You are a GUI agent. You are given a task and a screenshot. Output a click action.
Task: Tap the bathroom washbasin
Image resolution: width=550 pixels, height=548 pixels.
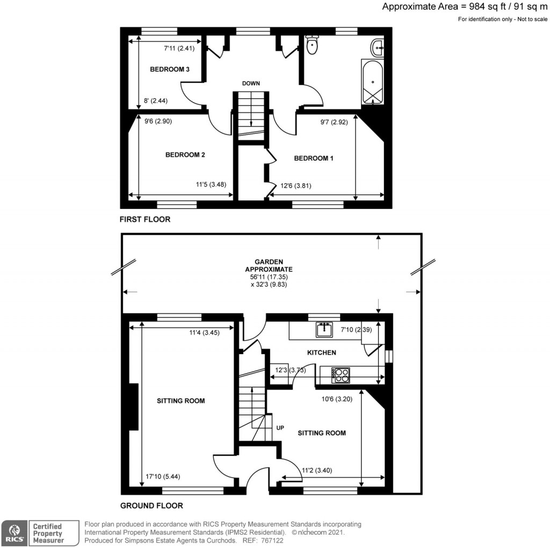tap(378, 48)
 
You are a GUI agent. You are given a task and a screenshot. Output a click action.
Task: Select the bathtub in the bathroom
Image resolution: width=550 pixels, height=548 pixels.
tap(372, 84)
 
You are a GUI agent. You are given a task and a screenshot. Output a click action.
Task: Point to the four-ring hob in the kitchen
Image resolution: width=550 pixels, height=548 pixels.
tap(341, 374)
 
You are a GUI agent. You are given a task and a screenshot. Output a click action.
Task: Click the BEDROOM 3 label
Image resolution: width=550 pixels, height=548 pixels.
tap(170, 69)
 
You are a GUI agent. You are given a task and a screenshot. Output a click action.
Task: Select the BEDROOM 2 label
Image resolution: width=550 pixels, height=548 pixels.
tap(185, 155)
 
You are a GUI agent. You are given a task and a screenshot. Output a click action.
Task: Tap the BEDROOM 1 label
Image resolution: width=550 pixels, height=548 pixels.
tap(314, 158)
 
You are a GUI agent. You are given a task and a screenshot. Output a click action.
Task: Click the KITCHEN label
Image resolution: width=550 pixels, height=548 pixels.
tap(321, 352)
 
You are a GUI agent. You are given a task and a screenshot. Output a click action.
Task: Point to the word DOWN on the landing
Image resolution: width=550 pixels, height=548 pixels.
tap(251, 83)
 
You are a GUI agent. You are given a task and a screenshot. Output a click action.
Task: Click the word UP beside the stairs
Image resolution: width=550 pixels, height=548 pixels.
tap(280, 428)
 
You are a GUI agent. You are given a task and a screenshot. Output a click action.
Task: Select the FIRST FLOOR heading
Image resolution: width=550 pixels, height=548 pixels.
tap(145, 219)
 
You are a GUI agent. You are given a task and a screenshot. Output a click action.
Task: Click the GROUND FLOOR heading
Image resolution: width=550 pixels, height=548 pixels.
tap(151, 506)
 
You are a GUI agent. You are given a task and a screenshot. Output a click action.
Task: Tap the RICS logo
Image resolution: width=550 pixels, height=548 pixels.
tap(13, 533)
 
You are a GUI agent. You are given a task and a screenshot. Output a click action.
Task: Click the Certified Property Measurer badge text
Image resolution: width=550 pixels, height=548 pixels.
tap(48, 533)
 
